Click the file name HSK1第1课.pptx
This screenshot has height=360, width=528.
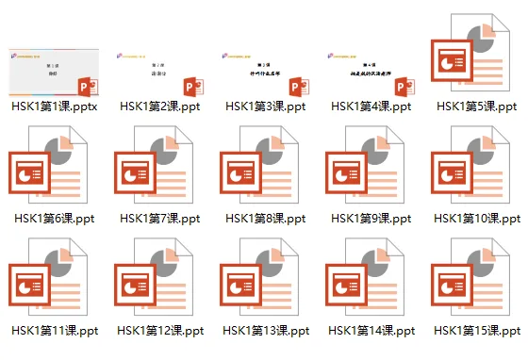(55, 106)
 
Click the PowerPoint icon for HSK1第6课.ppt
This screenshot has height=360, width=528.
(53, 169)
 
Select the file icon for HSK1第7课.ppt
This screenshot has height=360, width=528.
(158, 169)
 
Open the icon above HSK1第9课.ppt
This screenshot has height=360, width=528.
(370, 169)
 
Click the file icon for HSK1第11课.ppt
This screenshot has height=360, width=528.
(53, 280)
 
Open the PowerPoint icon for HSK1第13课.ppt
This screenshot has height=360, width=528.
(264, 280)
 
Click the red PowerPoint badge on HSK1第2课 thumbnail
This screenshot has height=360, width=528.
(191, 87)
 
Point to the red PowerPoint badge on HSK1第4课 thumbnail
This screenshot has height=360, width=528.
(403, 87)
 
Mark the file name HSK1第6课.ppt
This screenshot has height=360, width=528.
(55, 219)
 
